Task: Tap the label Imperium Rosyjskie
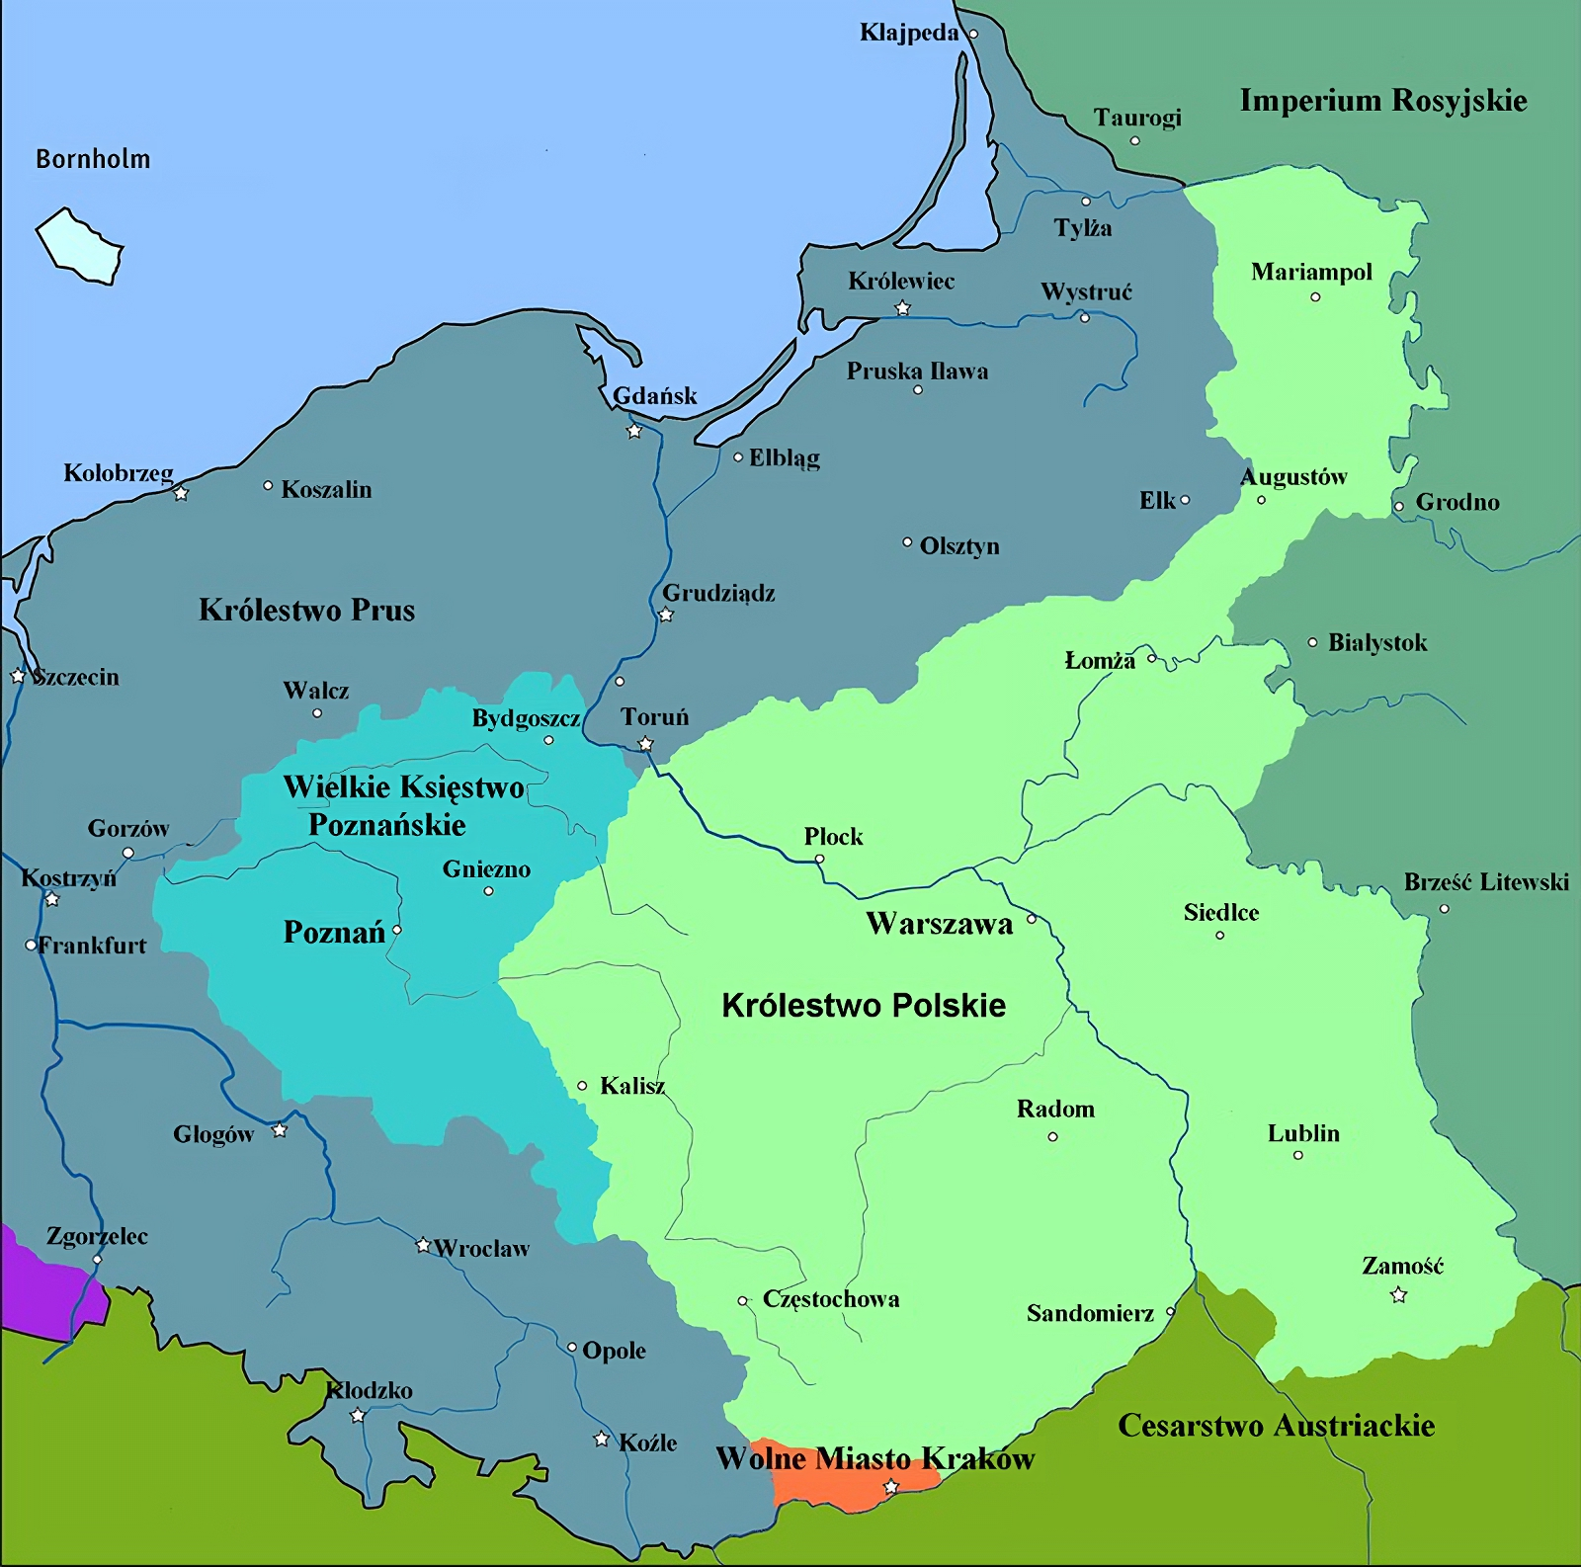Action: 1382,101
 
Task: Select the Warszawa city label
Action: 939,924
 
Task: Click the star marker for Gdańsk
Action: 634,431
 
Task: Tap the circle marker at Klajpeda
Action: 972,34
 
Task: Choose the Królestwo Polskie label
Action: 864,1006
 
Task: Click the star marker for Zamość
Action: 1398,1295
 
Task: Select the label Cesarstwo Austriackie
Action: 1276,1426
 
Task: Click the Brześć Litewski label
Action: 1485,882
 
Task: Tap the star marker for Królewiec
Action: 902,308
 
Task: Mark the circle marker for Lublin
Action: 1297,1155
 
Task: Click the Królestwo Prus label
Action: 306,610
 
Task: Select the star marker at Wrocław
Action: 423,1245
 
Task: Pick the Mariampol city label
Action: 1311,272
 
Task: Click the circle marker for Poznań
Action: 397,930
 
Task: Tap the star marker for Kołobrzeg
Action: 181,493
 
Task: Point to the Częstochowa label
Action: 830,1299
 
